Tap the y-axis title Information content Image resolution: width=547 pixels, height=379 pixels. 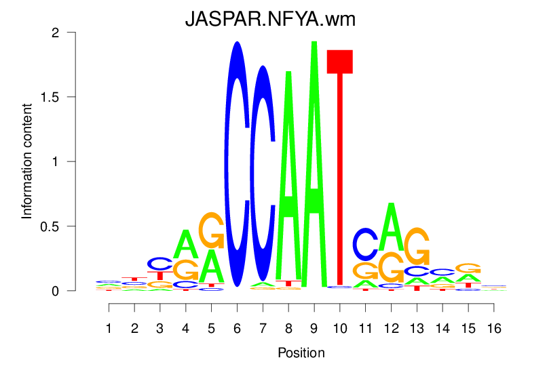point(27,161)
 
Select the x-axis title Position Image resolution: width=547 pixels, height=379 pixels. point(301,353)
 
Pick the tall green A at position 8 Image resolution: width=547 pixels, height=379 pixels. point(288,176)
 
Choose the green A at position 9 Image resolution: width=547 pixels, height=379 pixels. point(314,163)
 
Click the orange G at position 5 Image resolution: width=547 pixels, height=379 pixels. point(212,231)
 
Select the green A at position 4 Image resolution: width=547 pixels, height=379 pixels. point(186,243)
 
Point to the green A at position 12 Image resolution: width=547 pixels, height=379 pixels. point(391,226)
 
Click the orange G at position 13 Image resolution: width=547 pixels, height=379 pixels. point(416,245)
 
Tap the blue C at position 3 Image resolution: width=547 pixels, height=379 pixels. point(160,263)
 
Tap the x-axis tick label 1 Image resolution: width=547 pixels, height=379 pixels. point(109,329)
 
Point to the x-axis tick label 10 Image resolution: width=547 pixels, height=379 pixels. point(339,329)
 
